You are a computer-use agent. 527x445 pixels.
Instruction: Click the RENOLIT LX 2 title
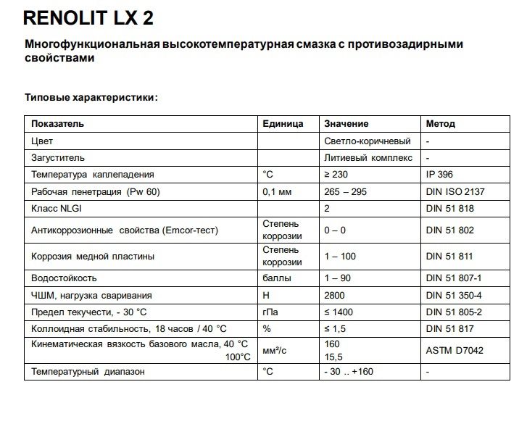point(88,17)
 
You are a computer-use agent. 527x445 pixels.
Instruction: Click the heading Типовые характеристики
point(91,96)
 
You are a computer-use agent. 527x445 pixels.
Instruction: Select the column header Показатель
point(57,124)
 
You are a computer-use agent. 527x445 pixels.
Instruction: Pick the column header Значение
point(346,124)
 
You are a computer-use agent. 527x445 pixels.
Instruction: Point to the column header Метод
point(440,124)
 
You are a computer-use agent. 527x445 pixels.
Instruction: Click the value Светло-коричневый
point(367,141)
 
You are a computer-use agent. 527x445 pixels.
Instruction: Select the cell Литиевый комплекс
point(368,157)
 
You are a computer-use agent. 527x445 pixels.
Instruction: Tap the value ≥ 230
point(336,175)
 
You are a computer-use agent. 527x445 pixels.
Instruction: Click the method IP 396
point(439,175)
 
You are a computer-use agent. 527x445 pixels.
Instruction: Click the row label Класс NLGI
point(57,209)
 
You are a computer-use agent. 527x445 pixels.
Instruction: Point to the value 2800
point(334,296)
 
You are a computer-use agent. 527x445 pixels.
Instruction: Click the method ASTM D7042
point(455,349)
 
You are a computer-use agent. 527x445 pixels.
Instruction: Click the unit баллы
point(276,278)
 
